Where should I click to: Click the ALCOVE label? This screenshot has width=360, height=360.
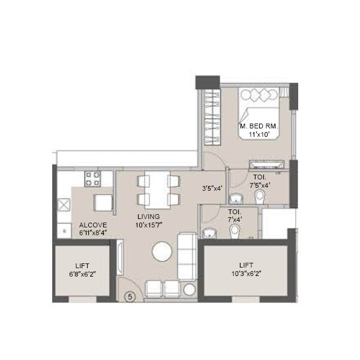[x=93, y=226]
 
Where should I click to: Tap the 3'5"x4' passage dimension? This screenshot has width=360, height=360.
[x=212, y=187]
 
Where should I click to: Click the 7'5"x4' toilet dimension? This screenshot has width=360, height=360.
[x=260, y=185]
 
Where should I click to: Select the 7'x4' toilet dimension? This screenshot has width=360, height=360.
[x=235, y=220]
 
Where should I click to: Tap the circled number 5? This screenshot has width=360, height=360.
[x=128, y=295]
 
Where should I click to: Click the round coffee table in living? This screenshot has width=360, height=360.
[x=163, y=251]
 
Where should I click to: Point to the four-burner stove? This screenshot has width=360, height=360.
[x=93, y=178]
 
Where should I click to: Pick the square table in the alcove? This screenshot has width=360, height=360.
[x=103, y=203]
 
